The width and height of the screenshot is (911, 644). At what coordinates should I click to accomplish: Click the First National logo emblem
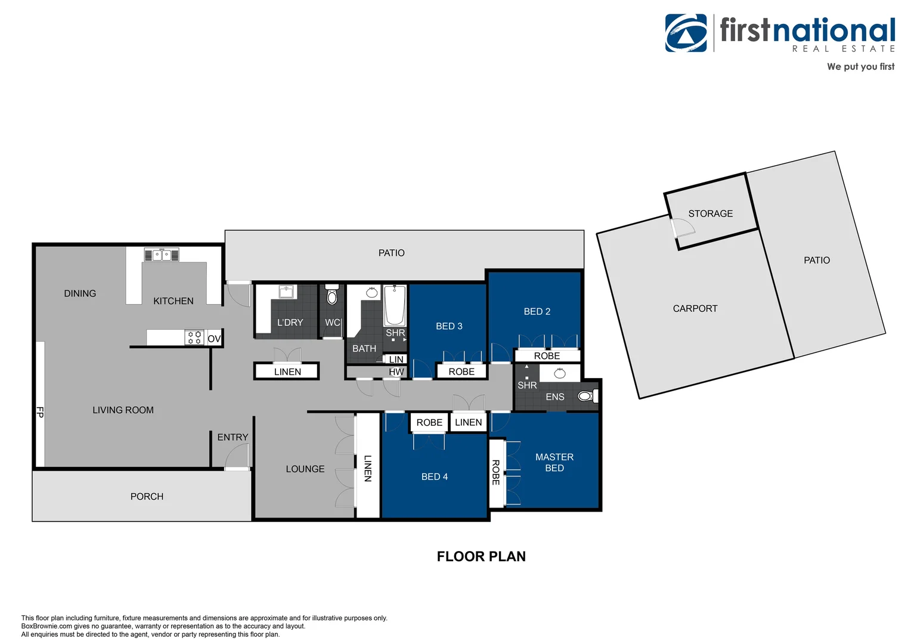(686, 33)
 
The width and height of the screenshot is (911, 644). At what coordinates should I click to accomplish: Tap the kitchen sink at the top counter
(162, 255)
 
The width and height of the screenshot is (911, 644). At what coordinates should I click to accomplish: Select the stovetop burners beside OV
(194, 338)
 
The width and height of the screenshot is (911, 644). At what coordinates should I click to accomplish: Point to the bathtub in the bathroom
(395, 305)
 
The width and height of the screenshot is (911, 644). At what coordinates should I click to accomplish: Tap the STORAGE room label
(711, 213)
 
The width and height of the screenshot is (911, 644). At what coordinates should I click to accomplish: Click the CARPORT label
(695, 308)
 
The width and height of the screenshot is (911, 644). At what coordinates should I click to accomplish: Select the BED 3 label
(449, 326)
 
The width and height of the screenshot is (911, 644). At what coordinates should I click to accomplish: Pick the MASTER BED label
(554, 463)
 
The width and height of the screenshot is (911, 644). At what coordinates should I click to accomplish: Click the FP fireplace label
(40, 412)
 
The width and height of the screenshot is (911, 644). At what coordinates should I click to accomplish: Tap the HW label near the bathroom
(396, 372)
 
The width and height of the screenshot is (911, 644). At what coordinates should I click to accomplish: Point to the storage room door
(681, 228)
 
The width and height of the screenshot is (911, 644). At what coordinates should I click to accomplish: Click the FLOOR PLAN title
(481, 556)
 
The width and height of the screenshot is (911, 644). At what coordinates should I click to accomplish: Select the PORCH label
(147, 497)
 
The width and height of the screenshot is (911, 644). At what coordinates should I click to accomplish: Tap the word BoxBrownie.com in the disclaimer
(47, 626)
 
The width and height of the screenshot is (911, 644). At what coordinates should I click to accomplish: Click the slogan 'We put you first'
(860, 67)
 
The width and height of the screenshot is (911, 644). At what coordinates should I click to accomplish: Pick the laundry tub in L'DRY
(287, 291)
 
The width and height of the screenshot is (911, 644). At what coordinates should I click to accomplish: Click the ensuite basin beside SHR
(560, 373)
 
